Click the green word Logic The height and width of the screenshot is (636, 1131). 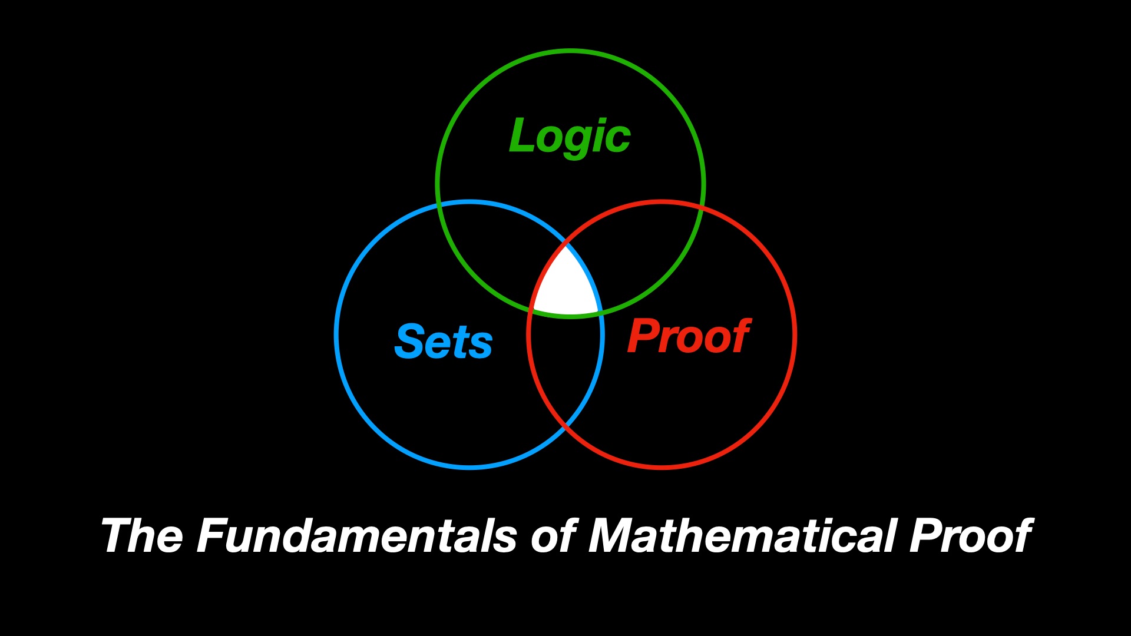point(570,137)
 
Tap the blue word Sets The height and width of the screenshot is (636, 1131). point(443,342)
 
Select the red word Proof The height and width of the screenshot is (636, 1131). point(688,337)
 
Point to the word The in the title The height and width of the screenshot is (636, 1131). point(142,536)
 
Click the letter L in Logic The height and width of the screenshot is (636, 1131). point(521,135)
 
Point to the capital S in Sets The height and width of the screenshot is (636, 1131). point(410,342)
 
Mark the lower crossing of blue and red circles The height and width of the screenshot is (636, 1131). point(565,426)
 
